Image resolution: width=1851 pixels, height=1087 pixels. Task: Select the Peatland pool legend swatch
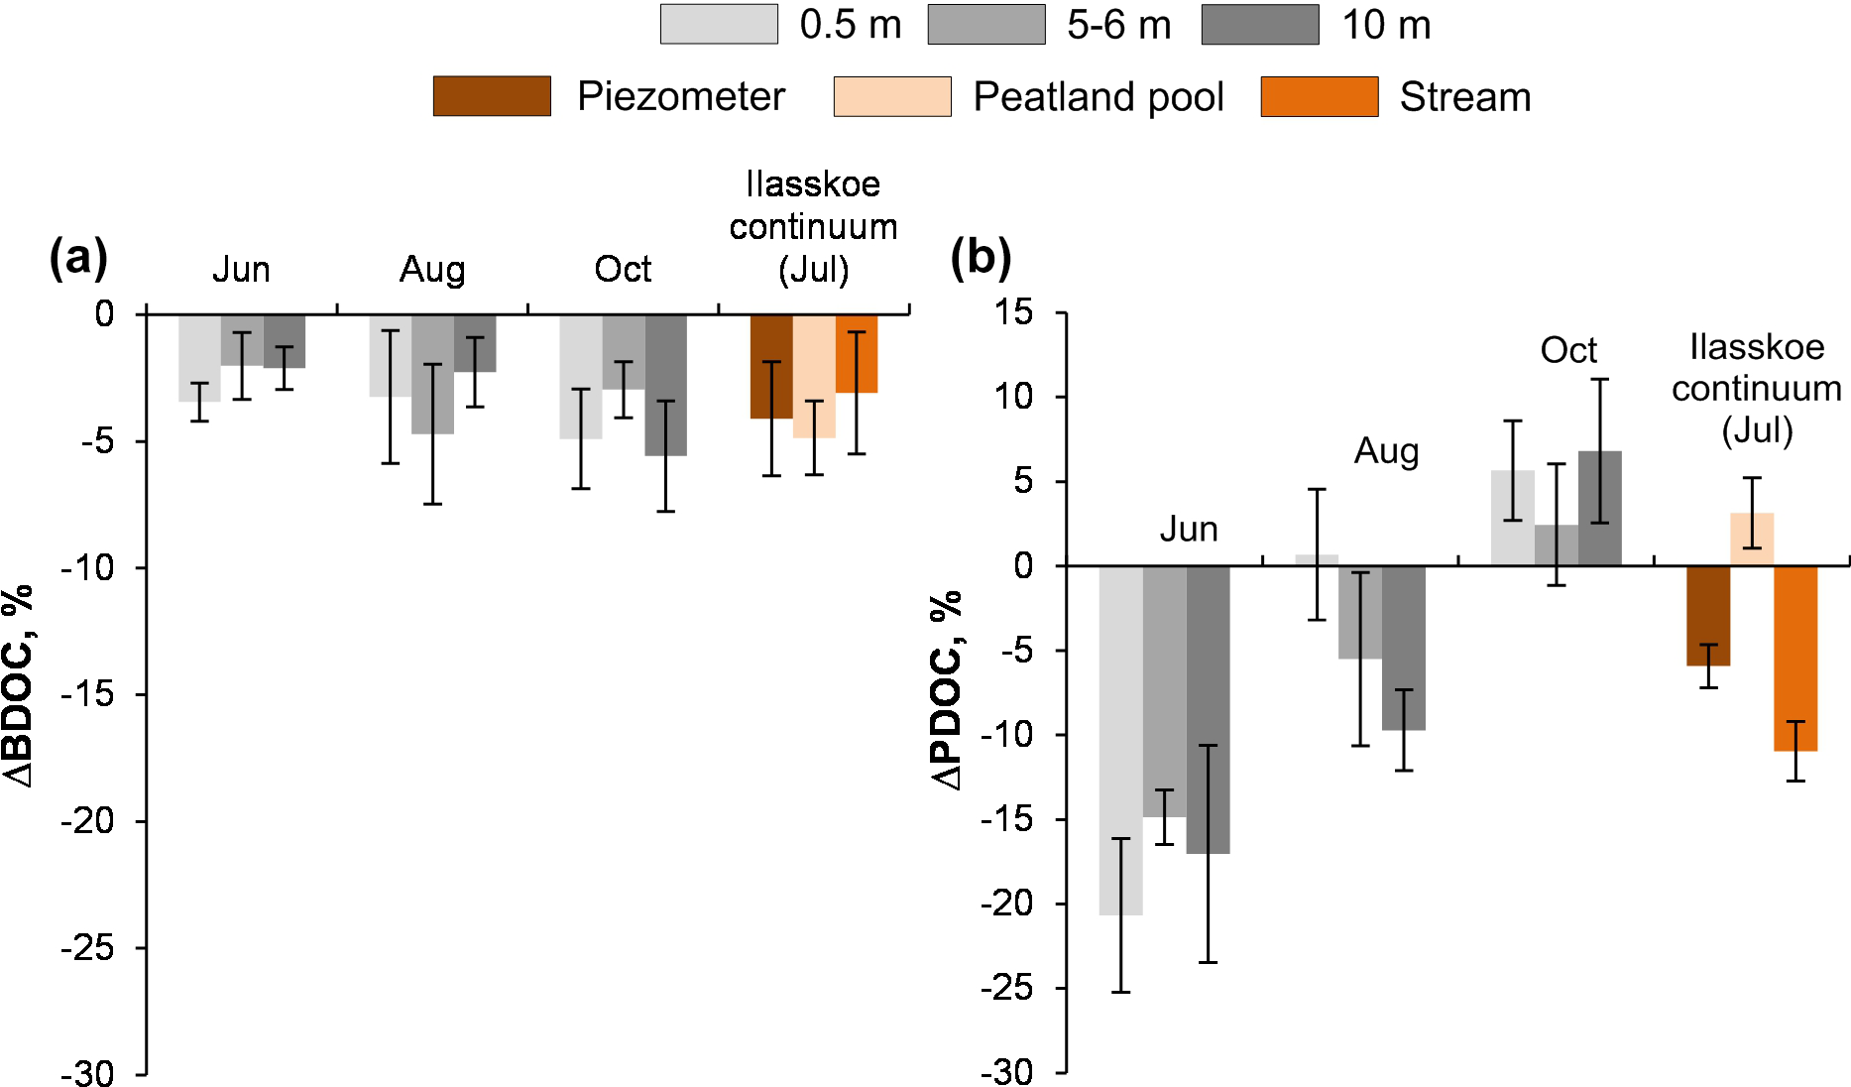(x=892, y=96)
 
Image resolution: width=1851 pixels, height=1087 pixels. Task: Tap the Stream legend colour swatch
(x=1319, y=96)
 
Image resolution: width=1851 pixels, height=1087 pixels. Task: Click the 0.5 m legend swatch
(x=719, y=25)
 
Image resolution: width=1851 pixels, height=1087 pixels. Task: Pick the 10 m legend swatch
(x=1260, y=25)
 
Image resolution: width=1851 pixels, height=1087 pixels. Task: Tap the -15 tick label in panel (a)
(x=89, y=695)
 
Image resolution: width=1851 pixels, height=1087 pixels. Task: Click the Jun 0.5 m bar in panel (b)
(x=1120, y=739)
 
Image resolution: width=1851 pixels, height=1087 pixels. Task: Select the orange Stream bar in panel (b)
(x=1795, y=658)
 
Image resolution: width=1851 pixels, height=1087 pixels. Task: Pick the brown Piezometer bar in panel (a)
(x=771, y=366)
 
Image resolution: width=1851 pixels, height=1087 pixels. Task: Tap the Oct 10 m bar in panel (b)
(x=1599, y=509)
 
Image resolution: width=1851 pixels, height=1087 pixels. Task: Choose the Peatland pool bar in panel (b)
(x=1752, y=540)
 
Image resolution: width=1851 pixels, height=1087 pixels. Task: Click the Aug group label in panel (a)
(x=432, y=270)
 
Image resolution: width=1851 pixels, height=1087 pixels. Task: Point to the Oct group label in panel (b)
(x=1568, y=350)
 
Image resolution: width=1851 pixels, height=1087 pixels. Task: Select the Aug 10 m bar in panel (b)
(x=1403, y=648)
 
